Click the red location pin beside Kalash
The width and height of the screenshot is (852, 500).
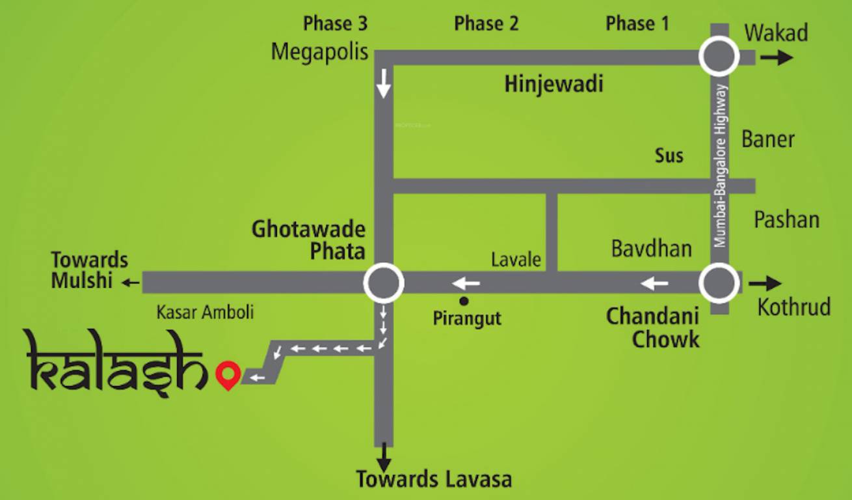point(228,374)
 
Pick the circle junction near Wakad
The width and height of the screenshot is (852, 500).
point(719,57)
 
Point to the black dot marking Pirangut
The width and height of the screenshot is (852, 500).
point(464,301)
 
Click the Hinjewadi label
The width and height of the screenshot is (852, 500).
point(554,84)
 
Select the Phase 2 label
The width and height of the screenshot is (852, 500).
point(486,24)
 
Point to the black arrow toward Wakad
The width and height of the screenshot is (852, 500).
point(777,57)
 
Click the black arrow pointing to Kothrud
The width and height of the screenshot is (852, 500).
point(765,283)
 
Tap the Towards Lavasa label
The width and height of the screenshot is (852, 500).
point(433,480)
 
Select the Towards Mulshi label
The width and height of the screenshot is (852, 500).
point(90,270)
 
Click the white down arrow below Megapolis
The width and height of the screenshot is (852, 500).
point(384,83)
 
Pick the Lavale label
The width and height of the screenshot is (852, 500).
point(516,259)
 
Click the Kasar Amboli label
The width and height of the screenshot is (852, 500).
point(205,312)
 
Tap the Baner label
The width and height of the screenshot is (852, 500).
point(768,139)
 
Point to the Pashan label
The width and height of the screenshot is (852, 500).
point(786,219)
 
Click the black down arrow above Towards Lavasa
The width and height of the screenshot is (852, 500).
point(384,454)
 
